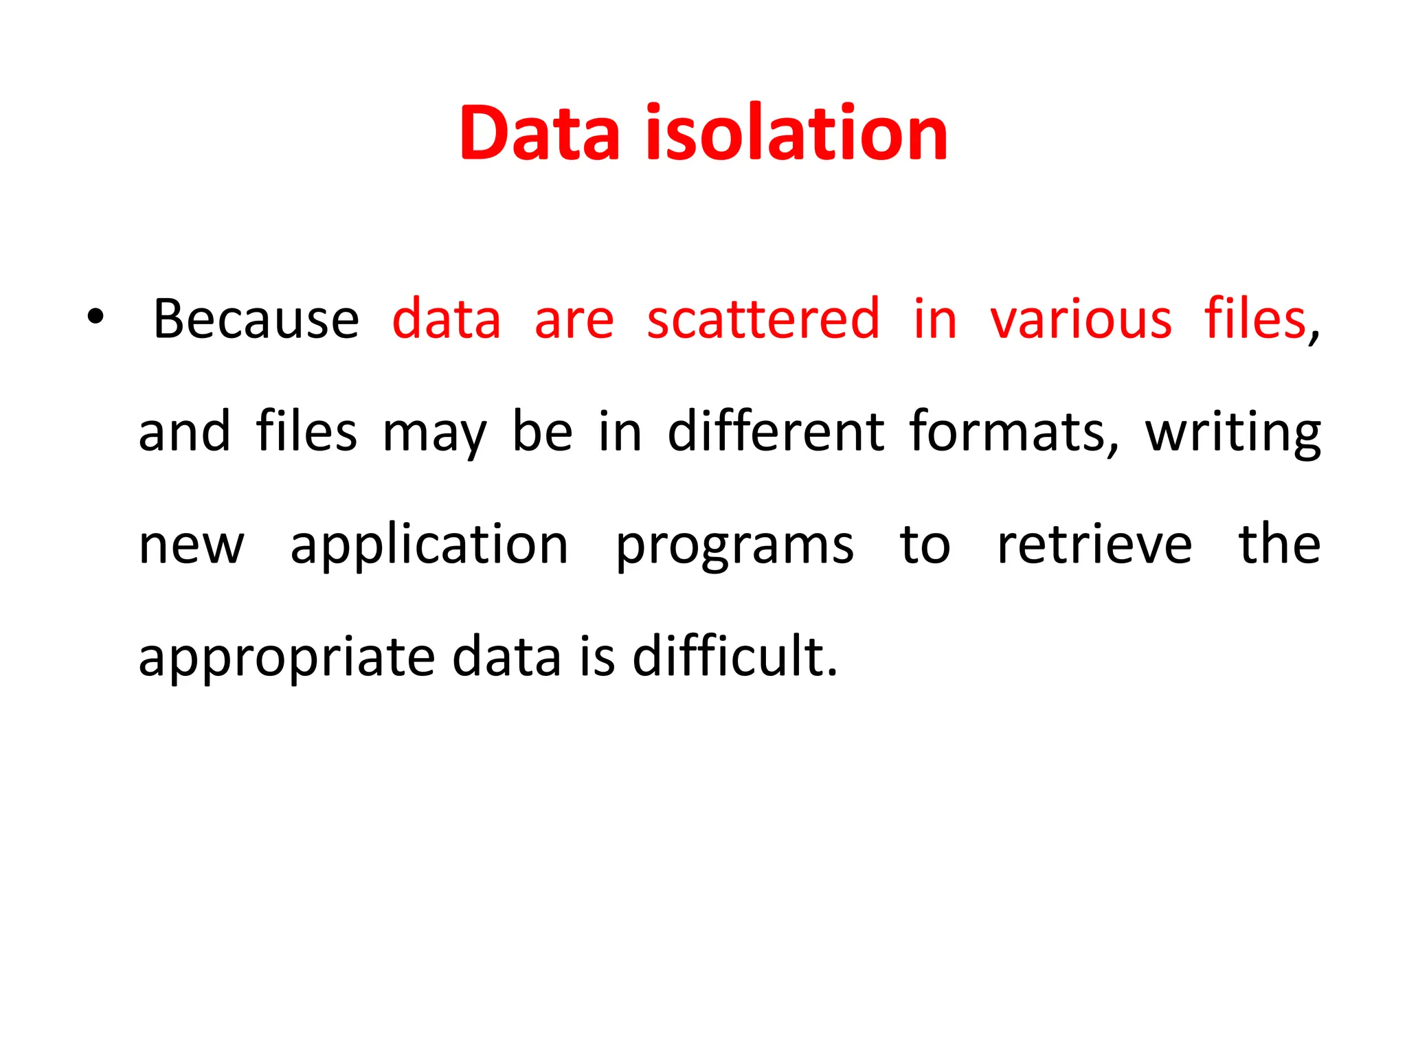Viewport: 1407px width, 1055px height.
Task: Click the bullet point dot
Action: click(x=95, y=317)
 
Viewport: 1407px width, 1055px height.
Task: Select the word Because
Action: click(x=256, y=319)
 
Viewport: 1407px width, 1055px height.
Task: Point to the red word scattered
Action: click(x=763, y=319)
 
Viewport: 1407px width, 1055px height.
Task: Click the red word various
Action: click(x=1081, y=320)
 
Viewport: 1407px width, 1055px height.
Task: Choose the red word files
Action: click(x=1254, y=319)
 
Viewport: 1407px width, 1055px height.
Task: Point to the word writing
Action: click(x=1232, y=433)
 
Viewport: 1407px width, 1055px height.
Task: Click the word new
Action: click(x=191, y=545)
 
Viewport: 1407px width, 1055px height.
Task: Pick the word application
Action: click(x=429, y=545)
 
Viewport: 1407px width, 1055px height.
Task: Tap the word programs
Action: click(x=734, y=547)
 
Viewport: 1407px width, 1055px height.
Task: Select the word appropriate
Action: click(x=286, y=658)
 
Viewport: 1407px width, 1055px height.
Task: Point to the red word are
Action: click(x=574, y=320)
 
